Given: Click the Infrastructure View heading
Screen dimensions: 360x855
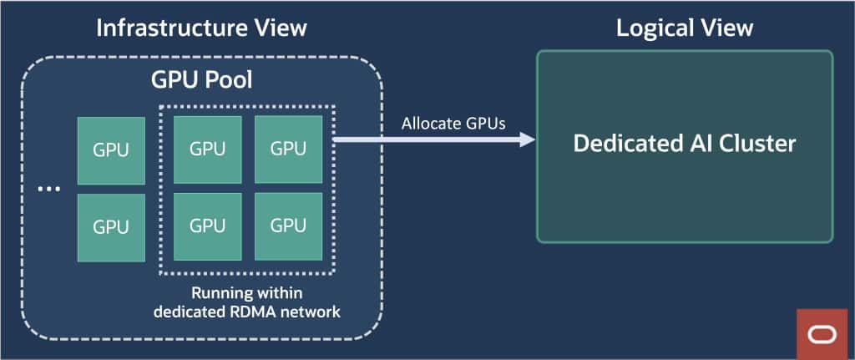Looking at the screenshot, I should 201,28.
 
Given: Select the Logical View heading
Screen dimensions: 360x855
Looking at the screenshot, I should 684,28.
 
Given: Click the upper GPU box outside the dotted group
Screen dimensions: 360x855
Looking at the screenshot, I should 110,150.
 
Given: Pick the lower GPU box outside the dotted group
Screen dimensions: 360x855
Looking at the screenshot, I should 110,226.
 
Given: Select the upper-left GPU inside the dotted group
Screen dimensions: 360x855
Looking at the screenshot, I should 207,150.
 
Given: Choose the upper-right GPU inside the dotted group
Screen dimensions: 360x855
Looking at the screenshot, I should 288,150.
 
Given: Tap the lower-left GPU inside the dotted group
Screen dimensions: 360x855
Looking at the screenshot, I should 207,226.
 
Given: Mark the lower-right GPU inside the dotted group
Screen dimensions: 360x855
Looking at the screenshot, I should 288,226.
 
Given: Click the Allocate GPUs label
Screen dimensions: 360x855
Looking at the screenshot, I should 442,123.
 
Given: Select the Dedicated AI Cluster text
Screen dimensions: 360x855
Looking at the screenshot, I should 684,144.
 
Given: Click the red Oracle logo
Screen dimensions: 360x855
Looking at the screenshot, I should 821,334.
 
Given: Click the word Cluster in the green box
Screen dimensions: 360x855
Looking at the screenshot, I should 755,144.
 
